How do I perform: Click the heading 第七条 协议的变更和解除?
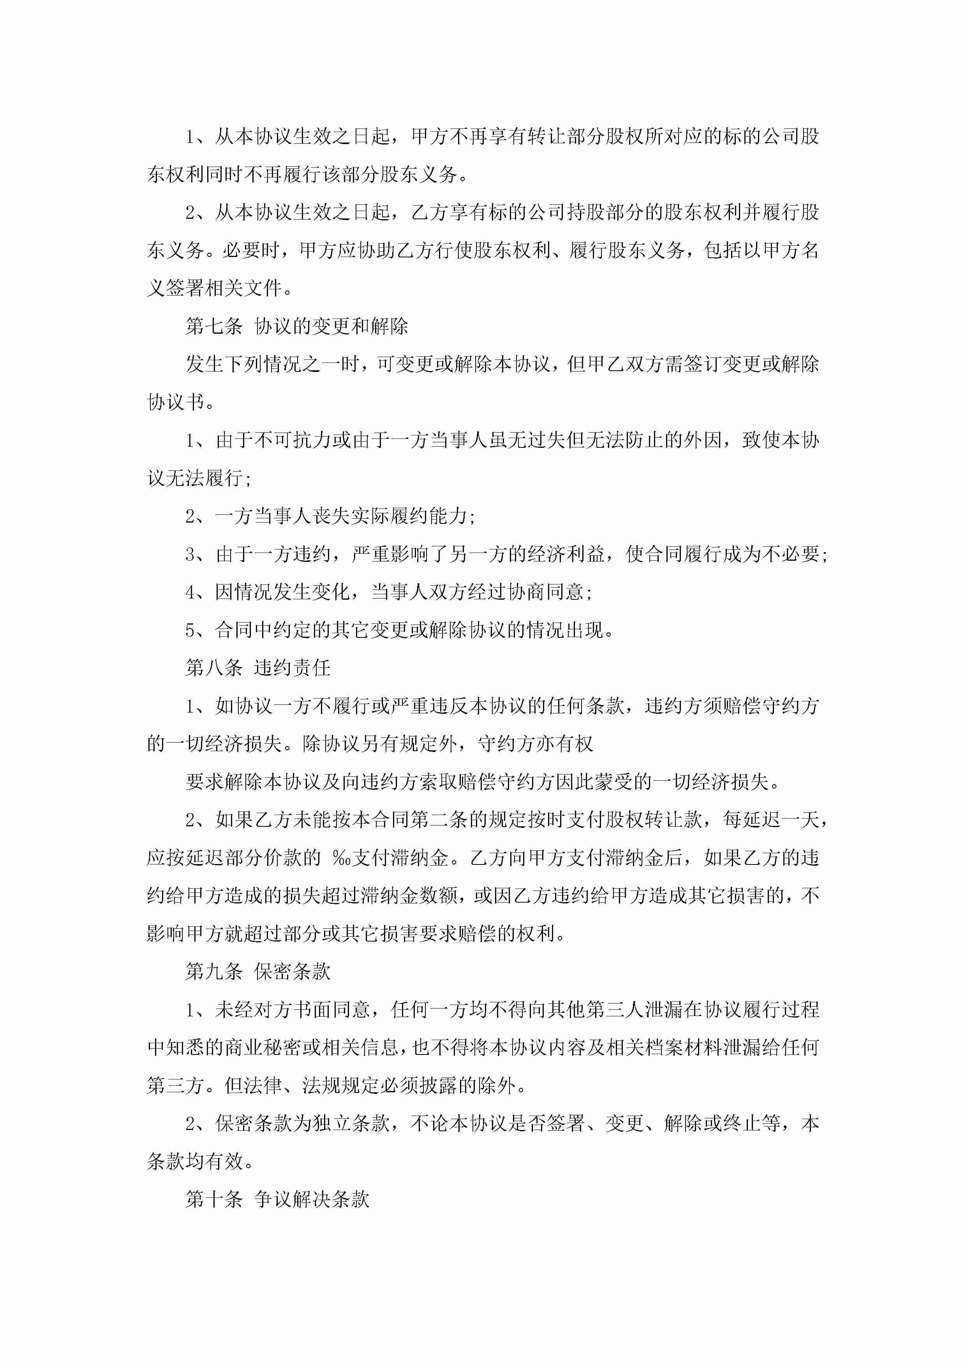click(296, 326)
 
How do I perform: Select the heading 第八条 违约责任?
click(258, 667)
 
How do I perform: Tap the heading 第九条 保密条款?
click(258, 972)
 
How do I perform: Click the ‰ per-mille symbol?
click(342, 858)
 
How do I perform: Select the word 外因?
click(702, 440)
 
